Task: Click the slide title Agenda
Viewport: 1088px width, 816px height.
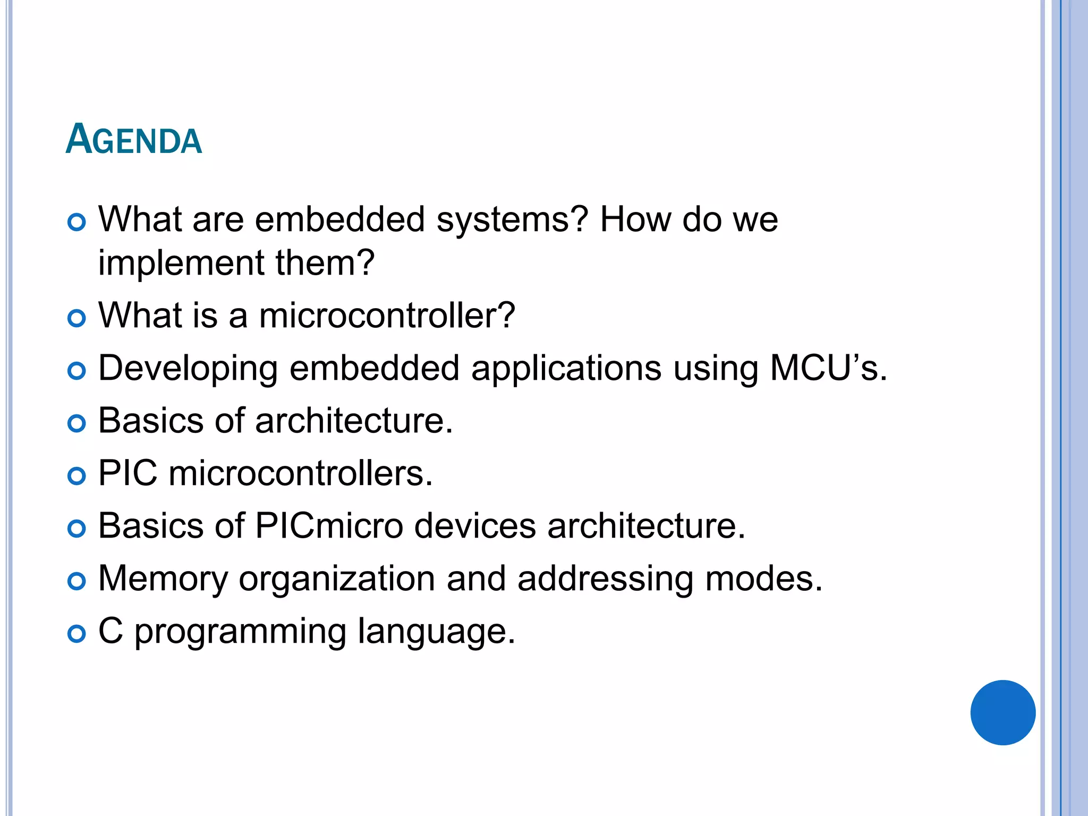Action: pos(134,140)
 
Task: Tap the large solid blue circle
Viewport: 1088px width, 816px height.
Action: pos(1002,712)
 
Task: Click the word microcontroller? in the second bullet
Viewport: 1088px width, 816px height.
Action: pos(387,315)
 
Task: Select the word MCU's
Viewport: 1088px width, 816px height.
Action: pos(828,368)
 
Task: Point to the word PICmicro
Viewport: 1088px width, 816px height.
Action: pos(329,526)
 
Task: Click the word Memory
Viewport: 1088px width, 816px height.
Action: pos(163,579)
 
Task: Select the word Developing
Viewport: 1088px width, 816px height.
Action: pos(188,369)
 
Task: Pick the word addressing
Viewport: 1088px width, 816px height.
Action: pos(605,579)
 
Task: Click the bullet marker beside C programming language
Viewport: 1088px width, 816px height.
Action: pos(77,633)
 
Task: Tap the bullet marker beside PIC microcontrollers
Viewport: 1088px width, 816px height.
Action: pos(77,475)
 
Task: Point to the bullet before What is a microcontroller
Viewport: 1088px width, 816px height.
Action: pos(77,318)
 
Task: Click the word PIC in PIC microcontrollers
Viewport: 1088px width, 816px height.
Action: pos(128,473)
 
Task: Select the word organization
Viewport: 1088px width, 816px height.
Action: pos(337,579)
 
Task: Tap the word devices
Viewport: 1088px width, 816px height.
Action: pos(475,526)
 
